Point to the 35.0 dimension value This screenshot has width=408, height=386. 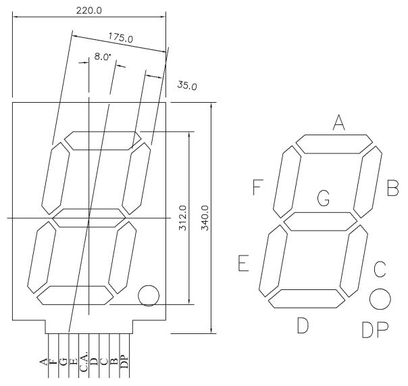(x=187, y=85)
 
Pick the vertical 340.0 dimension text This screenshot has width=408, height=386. (x=205, y=218)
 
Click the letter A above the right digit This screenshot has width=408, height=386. (x=339, y=122)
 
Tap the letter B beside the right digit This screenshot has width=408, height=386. (x=392, y=188)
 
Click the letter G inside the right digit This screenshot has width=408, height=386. (x=323, y=199)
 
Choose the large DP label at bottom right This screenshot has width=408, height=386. (x=375, y=329)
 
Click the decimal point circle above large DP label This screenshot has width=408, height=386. (x=380, y=299)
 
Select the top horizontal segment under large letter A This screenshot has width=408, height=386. (x=334, y=144)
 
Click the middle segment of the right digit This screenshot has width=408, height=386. (x=321, y=221)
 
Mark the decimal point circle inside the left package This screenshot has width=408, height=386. (x=148, y=295)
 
